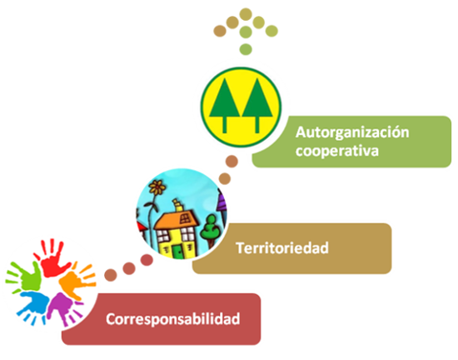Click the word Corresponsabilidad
(173, 319)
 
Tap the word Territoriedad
(282, 248)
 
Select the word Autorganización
(352, 132)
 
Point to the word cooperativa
(337, 151)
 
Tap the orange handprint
(77, 282)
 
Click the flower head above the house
(157, 187)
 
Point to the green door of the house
(177, 252)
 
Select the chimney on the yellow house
(178, 206)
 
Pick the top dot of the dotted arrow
(246, 14)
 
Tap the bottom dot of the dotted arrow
(246, 49)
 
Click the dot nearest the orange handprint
(111, 275)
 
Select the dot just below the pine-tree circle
(231, 162)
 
